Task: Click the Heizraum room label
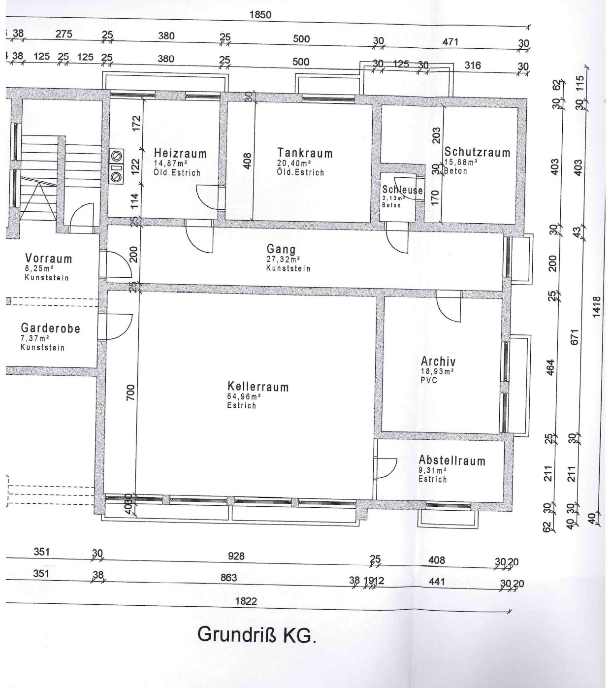coord(180,154)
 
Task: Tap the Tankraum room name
coord(305,153)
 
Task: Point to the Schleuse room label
coord(402,190)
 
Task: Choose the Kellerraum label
coord(258,387)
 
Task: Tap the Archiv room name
coord(438,361)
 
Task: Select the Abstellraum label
coord(452,460)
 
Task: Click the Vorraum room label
coord(49,259)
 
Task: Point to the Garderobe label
coord(51,328)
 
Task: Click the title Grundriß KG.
coord(257,635)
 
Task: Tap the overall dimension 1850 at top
coord(260,15)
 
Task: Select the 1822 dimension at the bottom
coord(246,601)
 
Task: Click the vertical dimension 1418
coord(596,307)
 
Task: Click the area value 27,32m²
coord(283,259)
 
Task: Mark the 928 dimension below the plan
coord(236,556)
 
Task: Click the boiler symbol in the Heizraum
coord(116,166)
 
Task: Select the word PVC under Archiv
coord(429,380)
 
